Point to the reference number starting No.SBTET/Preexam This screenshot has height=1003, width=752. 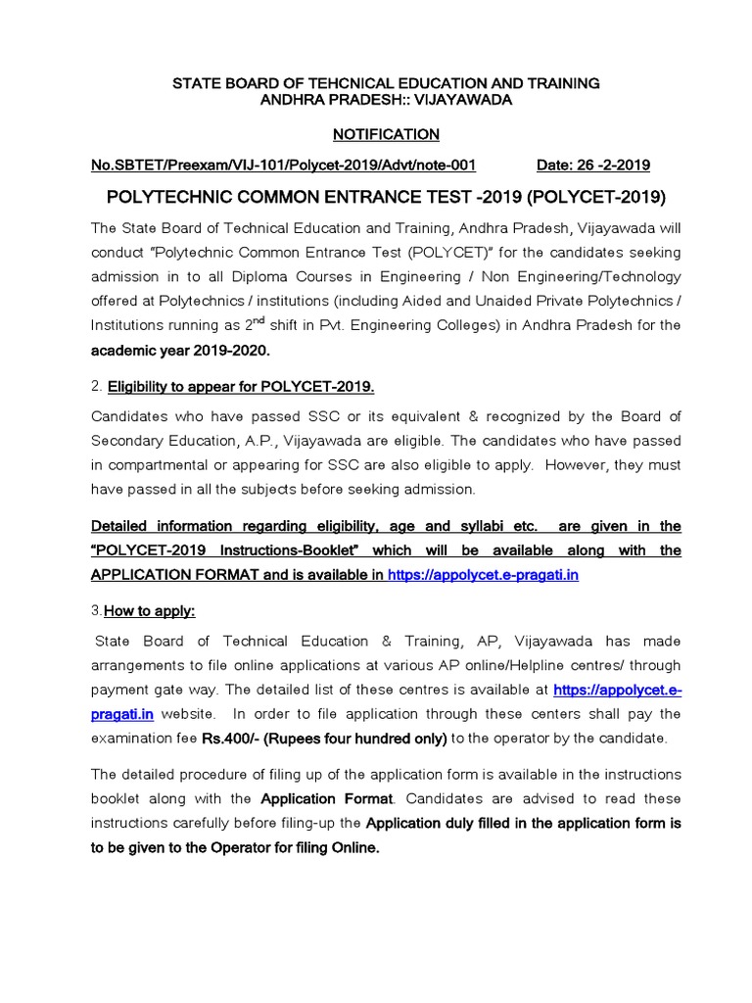(283, 166)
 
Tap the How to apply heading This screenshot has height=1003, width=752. (149, 611)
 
